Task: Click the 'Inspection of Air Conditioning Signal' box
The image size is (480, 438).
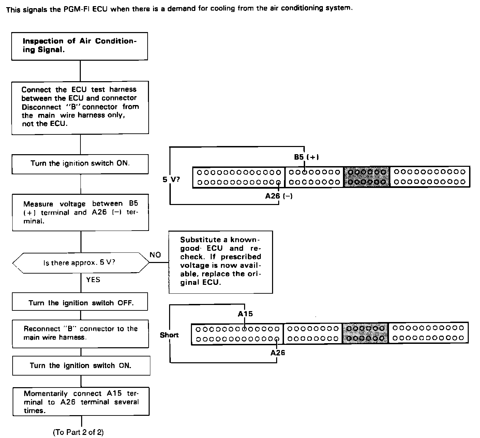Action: pyautogui.click(x=79, y=46)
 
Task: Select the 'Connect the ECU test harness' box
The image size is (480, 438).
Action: pyautogui.click(x=80, y=107)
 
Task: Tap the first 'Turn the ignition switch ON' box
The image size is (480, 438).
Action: pyautogui.click(x=80, y=164)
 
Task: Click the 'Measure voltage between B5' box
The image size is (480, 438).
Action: pyautogui.click(x=80, y=212)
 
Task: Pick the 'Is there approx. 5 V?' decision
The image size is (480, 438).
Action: pyautogui.click(x=81, y=263)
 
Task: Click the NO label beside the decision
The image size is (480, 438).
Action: pyautogui.click(x=155, y=255)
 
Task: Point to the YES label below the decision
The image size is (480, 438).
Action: pyautogui.click(x=93, y=280)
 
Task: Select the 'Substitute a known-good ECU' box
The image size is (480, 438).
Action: pyautogui.click(x=221, y=261)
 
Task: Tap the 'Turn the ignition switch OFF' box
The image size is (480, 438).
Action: pyautogui.click(x=80, y=303)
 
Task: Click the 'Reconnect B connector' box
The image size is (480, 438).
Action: pyautogui.click(x=80, y=333)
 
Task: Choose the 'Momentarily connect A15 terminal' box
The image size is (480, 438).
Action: pyautogui.click(x=81, y=401)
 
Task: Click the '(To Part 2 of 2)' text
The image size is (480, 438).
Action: pyautogui.click(x=78, y=432)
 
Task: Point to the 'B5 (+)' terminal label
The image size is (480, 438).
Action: pyautogui.click(x=306, y=157)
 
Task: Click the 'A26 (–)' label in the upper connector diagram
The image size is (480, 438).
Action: pyautogui.click(x=279, y=196)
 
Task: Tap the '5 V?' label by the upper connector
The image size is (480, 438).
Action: pyautogui.click(x=171, y=179)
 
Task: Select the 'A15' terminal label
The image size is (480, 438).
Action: pyautogui.click(x=245, y=314)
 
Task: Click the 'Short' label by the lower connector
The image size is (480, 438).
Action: pyautogui.click(x=169, y=335)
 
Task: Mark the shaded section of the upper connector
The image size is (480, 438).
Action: pyautogui.click(x=366, y=177)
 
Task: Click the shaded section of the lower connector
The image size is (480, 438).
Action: pyautogui.click(x=365, y=333)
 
